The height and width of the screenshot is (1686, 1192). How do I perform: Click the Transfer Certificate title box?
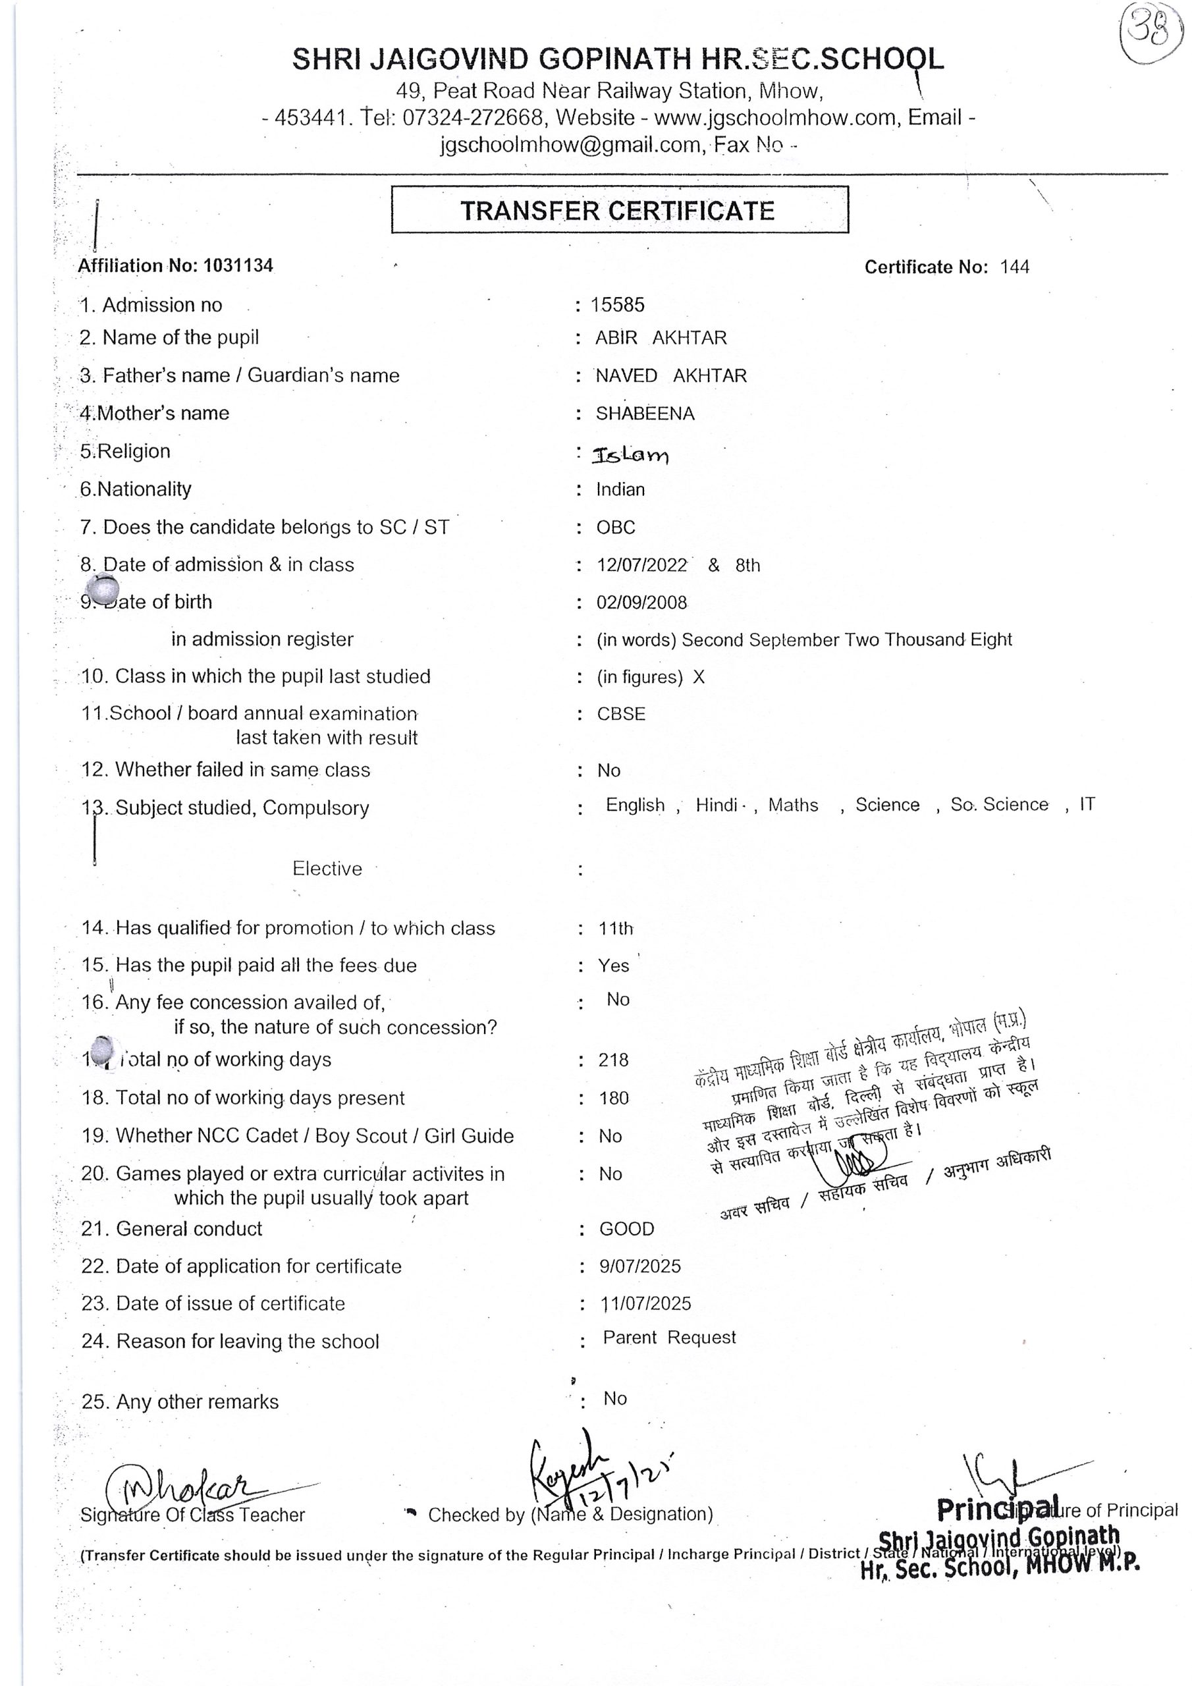619,210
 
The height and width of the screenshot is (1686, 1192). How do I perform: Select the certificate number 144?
1014,267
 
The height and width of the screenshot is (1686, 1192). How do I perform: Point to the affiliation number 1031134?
238,266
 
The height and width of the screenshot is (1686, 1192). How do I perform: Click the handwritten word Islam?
631,455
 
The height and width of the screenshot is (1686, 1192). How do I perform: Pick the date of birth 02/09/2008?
641,603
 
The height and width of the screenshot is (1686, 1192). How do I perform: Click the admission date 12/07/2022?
641,566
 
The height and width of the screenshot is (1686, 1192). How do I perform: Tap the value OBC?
616,528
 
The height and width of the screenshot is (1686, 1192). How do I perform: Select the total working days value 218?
613,1060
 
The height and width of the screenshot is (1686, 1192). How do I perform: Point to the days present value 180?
613,1099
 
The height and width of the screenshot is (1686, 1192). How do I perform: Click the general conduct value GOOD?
626,1229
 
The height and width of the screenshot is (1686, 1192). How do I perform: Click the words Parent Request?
669,1338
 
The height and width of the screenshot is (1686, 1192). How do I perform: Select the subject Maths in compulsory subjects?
792,805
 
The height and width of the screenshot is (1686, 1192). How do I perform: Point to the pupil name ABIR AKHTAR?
661,338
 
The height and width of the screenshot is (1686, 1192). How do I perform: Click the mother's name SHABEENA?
644,414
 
